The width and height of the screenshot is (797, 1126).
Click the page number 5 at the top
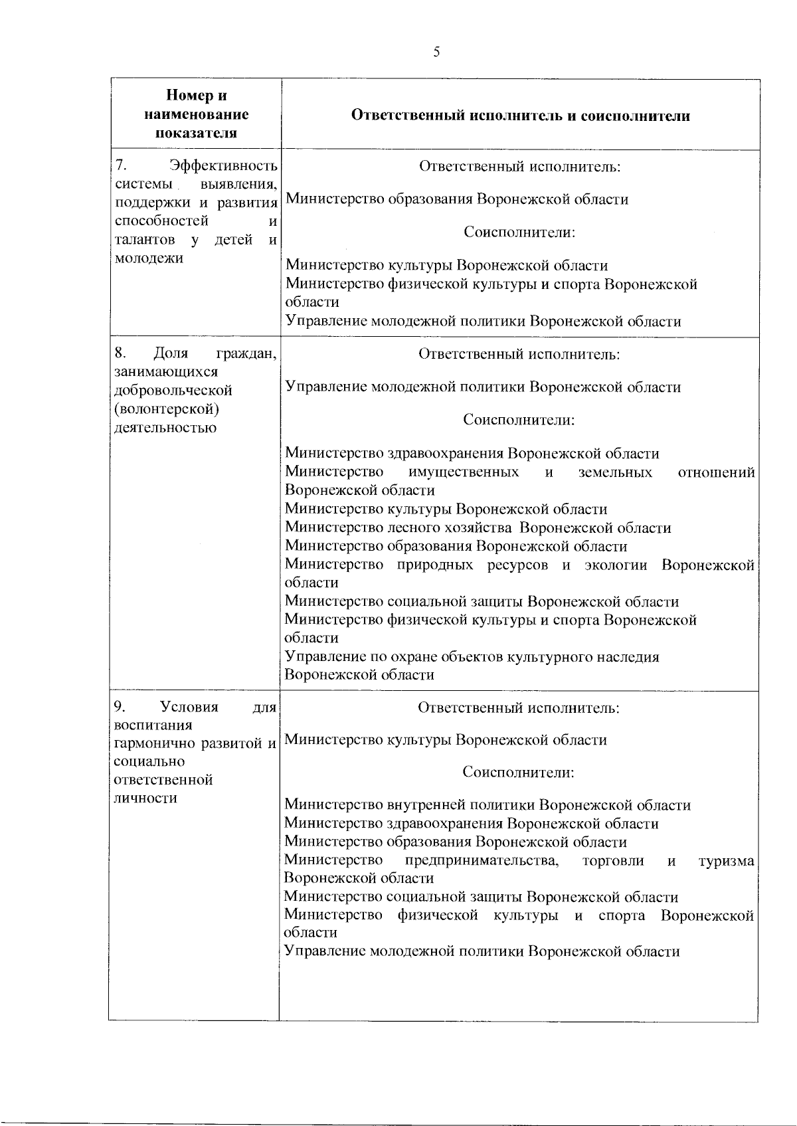436,53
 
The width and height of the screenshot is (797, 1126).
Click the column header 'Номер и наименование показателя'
196,114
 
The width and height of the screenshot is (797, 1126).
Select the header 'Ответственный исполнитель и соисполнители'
520,116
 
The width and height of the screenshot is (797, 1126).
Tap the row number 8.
120,353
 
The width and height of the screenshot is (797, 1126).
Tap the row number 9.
120,706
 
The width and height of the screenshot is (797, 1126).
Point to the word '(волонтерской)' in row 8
167,409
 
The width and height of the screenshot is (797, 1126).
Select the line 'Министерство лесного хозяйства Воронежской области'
478,528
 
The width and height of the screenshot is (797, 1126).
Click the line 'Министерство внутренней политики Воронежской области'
487,805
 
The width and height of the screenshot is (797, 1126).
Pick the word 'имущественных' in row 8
464,472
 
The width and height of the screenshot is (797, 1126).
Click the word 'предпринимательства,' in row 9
482,861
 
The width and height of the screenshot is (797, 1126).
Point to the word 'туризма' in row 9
727,862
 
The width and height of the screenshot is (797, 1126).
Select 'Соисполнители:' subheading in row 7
519,233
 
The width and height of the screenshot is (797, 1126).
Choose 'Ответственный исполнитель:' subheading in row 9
519,707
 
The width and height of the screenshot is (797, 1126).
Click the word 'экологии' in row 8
616,565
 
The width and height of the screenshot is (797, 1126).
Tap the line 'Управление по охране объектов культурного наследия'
472,657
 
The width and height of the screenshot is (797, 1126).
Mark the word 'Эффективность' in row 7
223,165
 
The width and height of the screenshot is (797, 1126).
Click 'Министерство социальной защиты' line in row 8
482,602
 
